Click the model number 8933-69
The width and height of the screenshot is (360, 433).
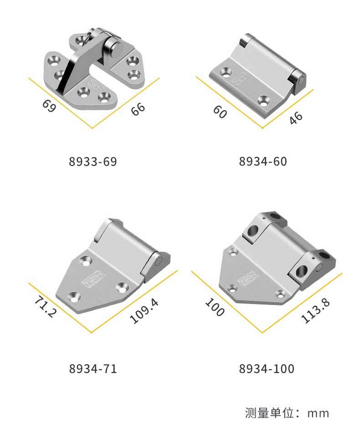[93, 161]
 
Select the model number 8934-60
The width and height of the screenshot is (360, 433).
[263, 161]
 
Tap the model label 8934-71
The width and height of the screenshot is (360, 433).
[93, 369]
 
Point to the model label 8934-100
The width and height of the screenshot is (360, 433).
[267, 369]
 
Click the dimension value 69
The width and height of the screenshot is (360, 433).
[49, 106]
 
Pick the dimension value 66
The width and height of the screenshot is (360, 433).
[138, 109]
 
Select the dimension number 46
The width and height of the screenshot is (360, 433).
[296, 118]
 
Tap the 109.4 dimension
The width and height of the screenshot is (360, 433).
[144, 311]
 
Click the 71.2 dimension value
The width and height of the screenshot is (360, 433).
[46, 307]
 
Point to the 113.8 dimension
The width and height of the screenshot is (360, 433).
[315, 310]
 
